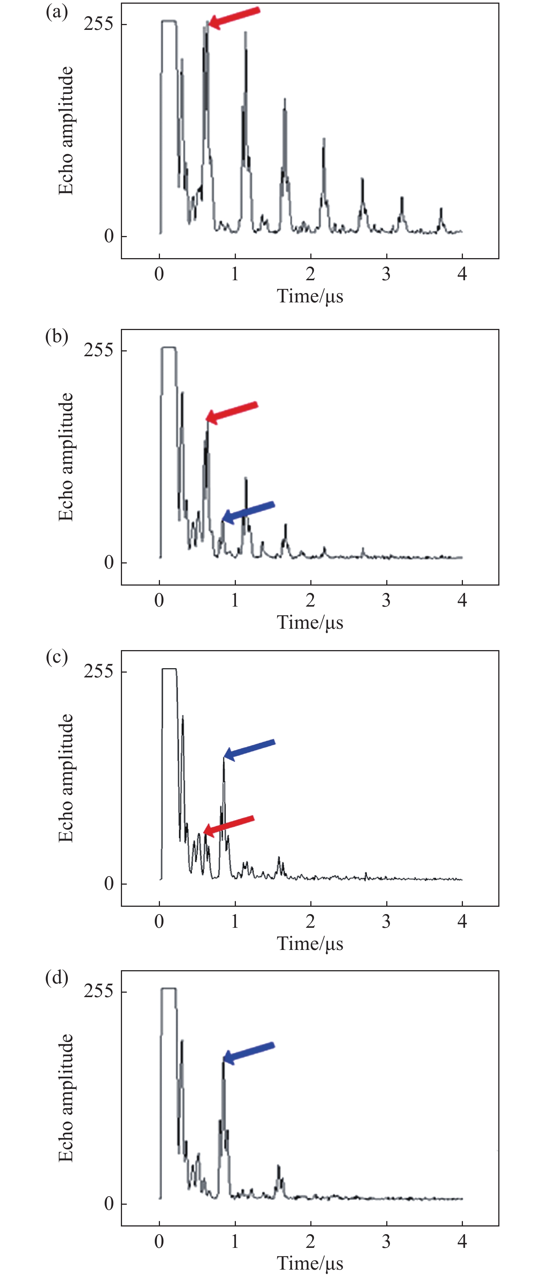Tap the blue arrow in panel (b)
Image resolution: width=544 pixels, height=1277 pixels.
(248, 511)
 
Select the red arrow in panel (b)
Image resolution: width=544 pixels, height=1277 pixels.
(232, 412)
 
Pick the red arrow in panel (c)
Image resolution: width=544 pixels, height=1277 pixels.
(229, 825)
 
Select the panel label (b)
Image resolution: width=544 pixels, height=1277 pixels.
(56, 337)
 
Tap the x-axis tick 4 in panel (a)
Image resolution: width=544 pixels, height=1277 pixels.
(462, 274)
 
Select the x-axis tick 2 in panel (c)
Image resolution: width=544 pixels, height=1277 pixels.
(310, 921)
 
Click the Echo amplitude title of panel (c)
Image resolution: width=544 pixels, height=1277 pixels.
(66, 778)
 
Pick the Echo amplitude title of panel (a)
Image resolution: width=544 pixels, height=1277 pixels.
(66, 131)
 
